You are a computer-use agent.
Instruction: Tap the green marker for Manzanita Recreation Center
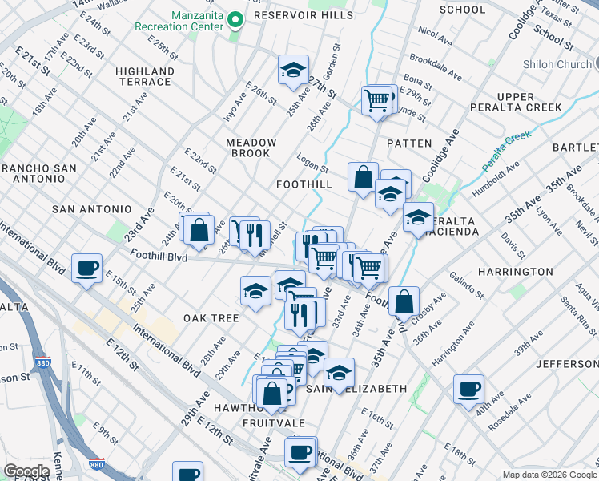(x=235, y=19)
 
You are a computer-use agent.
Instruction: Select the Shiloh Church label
(x=558, y=64)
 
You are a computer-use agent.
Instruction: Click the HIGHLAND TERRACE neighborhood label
(x=145, y=76)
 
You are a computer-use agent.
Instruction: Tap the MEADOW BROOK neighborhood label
(x=251, y=148)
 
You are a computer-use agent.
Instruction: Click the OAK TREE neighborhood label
(x=211, y=318)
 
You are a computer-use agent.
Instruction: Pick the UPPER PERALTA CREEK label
(x=527, y=102)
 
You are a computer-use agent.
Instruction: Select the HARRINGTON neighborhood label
(x=516, y=272)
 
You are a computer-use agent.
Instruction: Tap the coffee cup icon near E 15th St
(x=86, y=269)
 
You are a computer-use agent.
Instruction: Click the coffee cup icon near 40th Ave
(x=468, y=390)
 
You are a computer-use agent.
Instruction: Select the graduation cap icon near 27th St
(x=294, y=71)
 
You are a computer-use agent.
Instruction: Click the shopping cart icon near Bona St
(x=376, y=100)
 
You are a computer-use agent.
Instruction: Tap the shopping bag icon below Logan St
(x=363, y=177)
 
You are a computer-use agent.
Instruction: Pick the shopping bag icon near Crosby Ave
(x=405, y=301)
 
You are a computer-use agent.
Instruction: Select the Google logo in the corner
(x=26, y=471)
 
